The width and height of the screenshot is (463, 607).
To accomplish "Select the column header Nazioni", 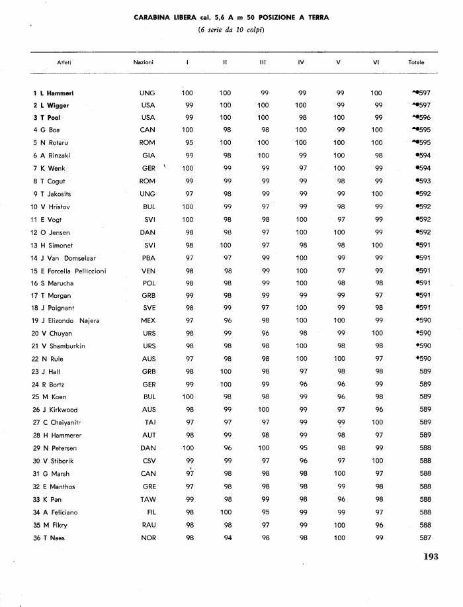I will (144, 62).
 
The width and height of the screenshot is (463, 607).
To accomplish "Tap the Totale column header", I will (417, 62).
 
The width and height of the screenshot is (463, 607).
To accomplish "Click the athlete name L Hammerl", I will (60, 93).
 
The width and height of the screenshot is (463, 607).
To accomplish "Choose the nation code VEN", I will (148, 271).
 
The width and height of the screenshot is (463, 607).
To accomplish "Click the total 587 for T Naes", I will (425, 537).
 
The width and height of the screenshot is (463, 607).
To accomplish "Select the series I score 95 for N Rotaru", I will (189, 143).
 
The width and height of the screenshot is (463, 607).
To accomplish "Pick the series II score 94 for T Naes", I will (226, 537).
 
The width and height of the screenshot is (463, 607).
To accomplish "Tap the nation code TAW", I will (148, 499).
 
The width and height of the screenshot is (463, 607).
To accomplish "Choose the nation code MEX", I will (148, 321).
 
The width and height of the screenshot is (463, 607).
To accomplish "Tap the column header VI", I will (376, 62).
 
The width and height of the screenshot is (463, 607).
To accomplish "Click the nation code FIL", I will (148, 512).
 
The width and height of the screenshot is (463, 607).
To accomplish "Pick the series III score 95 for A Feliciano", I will (265, 512).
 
